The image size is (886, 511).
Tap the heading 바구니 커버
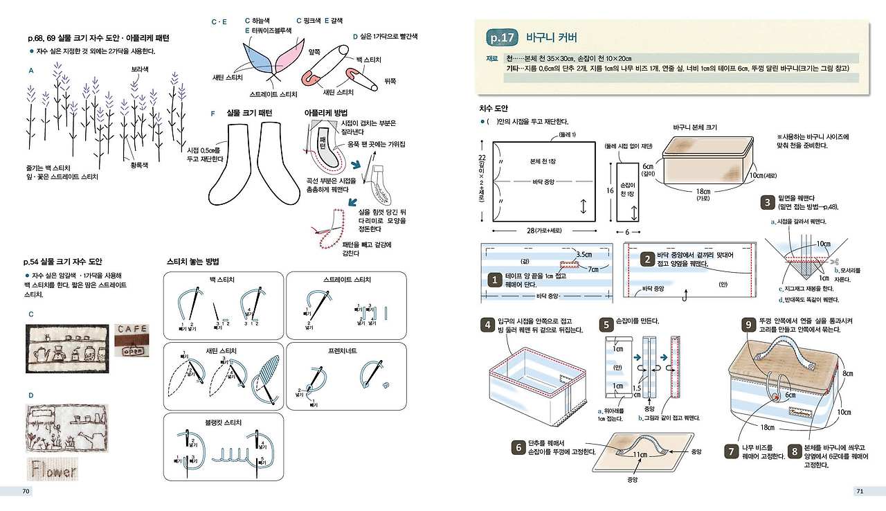[551, 37]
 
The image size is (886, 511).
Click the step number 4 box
[487, 325]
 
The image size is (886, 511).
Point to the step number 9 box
[748, 325]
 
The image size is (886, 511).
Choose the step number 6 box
[518, 447]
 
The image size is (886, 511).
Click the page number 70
[26, 491]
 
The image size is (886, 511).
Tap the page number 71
[860, 491]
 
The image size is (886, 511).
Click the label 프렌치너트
[343, 351]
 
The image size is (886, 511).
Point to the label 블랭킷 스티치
[223, 422]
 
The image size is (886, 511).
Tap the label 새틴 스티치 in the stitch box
[223, 351]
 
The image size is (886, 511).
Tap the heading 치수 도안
[494, 108]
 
